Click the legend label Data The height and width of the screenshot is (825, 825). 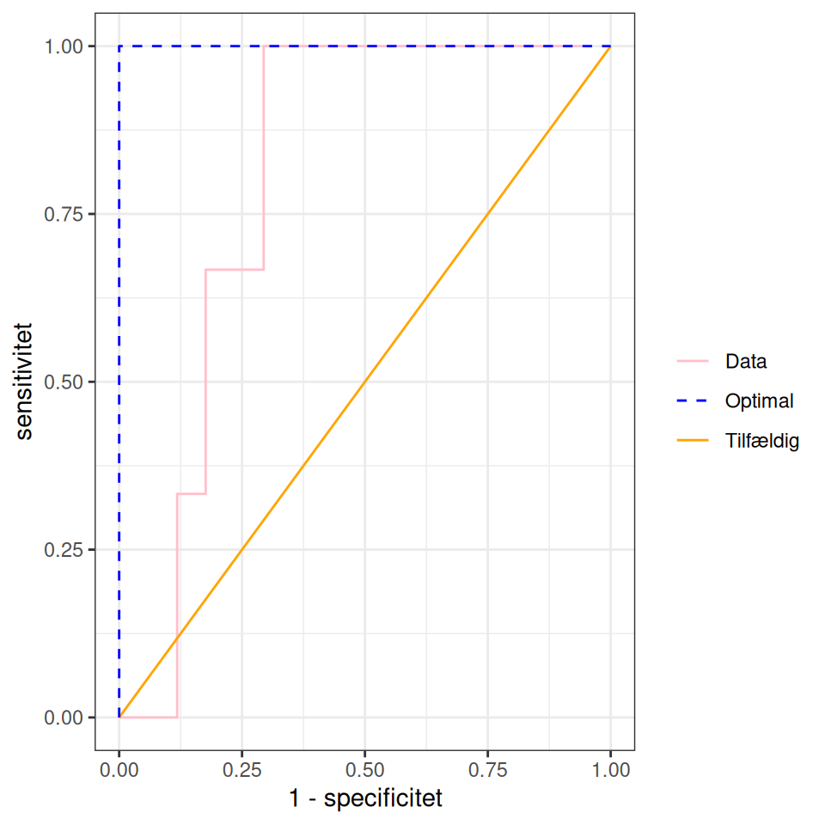[x=745, y=361]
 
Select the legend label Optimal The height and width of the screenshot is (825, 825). [x=759, y=400]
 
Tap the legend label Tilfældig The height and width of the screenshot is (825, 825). [x=762, y=442]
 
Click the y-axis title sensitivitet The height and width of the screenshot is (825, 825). [x=25, y=382]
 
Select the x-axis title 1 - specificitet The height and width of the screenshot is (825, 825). [x=364, y=799]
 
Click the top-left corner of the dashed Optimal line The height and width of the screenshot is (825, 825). [x=119, y=46]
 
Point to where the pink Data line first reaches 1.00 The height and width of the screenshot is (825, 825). [x=264, y=46]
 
